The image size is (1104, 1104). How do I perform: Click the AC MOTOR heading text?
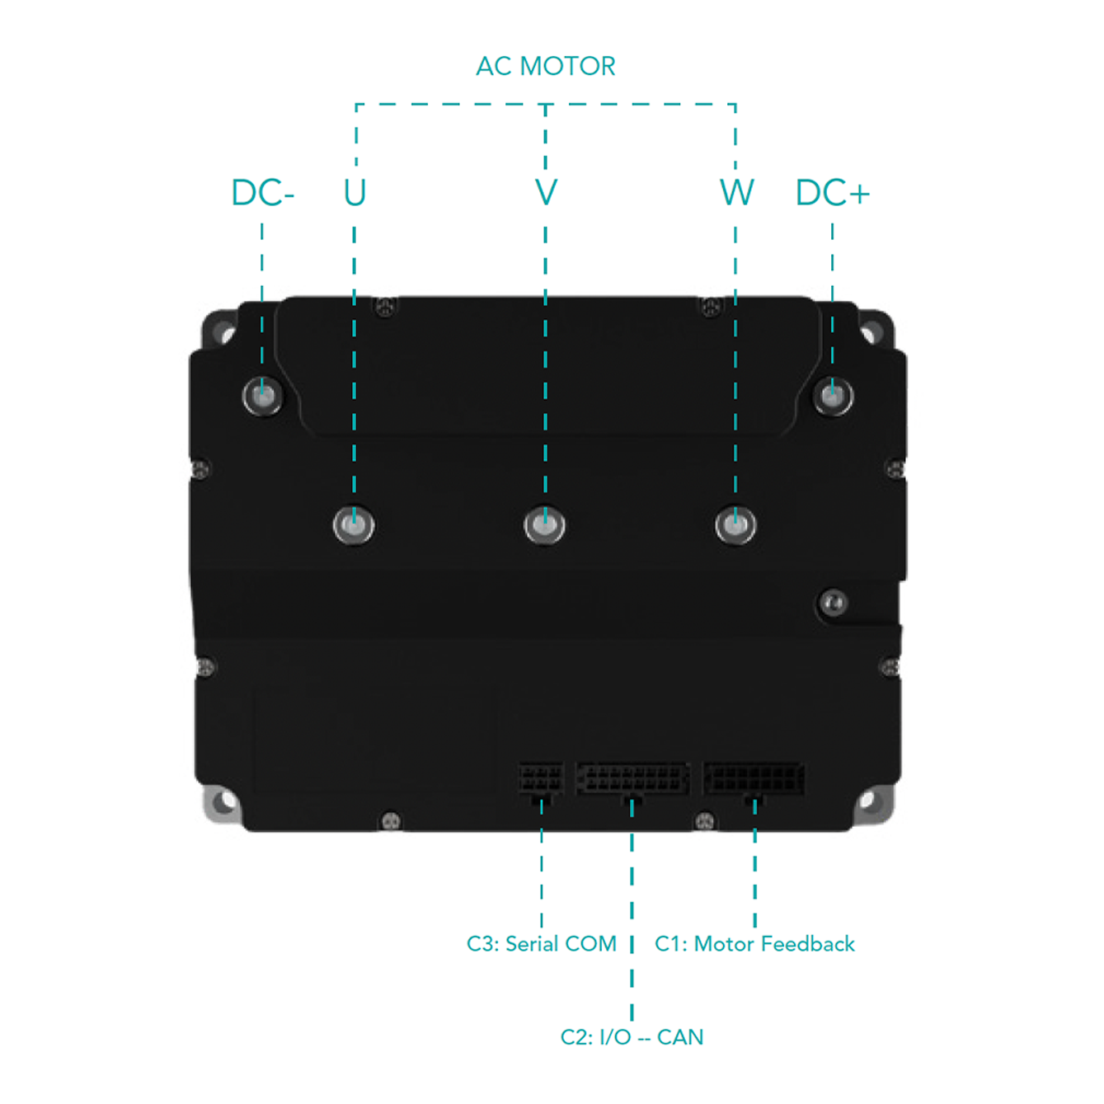[546, 67]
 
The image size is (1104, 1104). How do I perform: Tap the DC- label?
[262, 192]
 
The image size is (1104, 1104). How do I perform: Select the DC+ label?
[832, 192]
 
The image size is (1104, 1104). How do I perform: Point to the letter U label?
[355, 192]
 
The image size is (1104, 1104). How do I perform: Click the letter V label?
[546, 192]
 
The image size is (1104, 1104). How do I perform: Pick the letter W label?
[737, 192]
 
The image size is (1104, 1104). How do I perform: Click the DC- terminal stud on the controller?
[262, 395]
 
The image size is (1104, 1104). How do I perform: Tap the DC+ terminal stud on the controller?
[833, 395]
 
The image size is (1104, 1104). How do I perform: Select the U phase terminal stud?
[354, 524]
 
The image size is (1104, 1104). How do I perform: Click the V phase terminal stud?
[544, 524]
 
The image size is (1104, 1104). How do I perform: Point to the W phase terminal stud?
[735, 524]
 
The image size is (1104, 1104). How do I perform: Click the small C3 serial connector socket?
[541, 780]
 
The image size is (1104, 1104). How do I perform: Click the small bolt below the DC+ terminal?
[833, 603]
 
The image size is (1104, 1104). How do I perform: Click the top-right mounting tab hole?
[870, 332]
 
